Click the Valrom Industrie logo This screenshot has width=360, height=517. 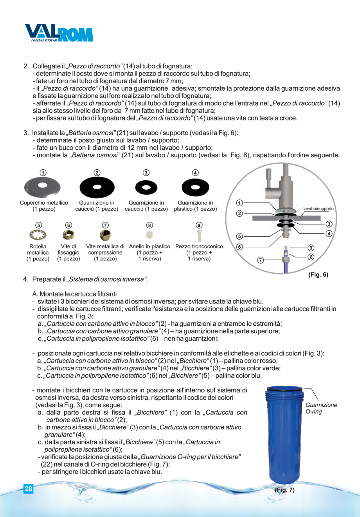coord(59,33)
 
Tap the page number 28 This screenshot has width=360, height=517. coord(28,489)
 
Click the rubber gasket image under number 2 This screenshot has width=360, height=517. coord(97,188)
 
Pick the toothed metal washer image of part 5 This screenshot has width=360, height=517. coord(38,235)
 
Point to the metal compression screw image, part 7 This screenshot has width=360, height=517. coord(105,235)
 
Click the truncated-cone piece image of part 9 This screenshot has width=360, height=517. coord(199,235)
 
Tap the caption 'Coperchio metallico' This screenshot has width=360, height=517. coord(44,203)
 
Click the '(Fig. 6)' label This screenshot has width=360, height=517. coord(318,275)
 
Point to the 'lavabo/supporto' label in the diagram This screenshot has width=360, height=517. coord(319,208)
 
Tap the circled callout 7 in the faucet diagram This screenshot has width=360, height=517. coord(260,260)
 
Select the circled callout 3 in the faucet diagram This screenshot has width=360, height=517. coord(329,224)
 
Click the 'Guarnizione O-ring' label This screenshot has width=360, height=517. coord(321,408)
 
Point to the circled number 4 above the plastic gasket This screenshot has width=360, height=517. coord(195,173)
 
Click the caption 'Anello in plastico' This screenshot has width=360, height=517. coord(149,247)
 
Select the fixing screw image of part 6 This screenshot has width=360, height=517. coord(68,235)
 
